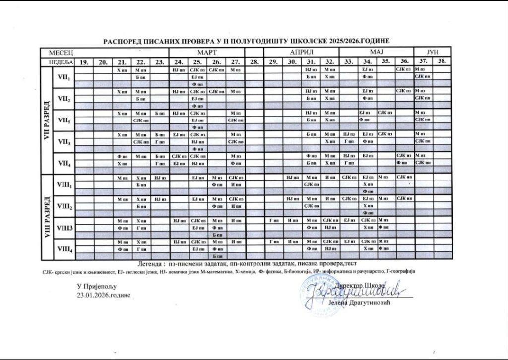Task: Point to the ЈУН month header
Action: [x=433, y=52]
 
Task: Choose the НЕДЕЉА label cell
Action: [x=61, y=61]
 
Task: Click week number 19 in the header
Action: [x=84, y=61]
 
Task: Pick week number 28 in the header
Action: [x=254, y=61]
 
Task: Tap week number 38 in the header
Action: [x=442, y=61]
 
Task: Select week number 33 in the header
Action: [x=349, y=61]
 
